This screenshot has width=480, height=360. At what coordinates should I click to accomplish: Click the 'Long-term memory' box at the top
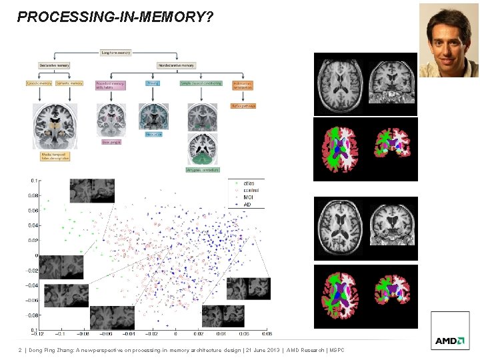115,52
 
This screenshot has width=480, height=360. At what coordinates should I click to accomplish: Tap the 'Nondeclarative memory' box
176,65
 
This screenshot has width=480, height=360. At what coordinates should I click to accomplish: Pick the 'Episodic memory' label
39,83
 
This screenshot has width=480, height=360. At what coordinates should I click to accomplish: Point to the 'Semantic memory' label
69,83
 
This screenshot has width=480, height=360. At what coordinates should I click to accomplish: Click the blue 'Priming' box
153,83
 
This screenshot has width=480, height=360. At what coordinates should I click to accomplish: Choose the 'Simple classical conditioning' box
201,83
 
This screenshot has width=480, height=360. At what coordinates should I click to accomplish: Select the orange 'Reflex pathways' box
243,105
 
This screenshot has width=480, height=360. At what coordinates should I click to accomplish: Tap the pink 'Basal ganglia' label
111,141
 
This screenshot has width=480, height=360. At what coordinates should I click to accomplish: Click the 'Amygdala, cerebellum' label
202,171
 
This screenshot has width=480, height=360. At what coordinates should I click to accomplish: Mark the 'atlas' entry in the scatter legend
249,183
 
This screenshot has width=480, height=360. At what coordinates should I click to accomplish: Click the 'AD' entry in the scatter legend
247,205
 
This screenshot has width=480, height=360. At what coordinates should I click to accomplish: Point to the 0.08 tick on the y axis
33,196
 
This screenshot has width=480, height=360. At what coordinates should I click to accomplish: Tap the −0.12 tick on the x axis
39,333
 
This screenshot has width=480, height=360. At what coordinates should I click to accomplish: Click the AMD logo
450,341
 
